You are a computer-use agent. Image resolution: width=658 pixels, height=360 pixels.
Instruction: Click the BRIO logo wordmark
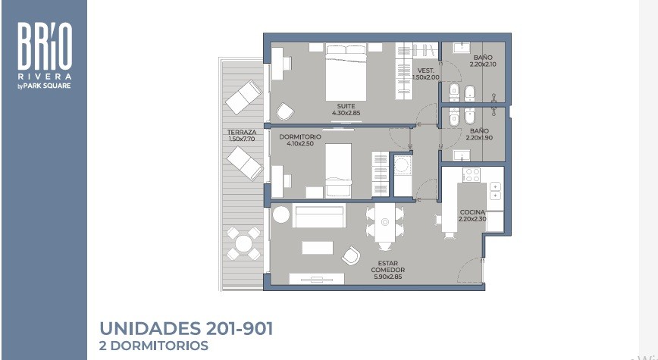point(45,46)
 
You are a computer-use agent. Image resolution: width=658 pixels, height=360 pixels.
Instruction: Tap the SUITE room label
point(346,106)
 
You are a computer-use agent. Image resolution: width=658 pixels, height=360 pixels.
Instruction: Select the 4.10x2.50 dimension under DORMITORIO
point(300,143)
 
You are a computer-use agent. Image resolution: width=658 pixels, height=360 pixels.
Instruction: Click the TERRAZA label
point(242,132)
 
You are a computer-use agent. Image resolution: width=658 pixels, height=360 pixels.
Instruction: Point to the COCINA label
point(472,212)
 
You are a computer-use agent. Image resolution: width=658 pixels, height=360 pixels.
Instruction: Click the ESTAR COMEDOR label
point(388,267)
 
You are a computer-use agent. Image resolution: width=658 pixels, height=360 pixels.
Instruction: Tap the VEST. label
point(426,71)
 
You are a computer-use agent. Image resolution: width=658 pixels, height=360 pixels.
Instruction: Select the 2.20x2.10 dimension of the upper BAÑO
point(483,64)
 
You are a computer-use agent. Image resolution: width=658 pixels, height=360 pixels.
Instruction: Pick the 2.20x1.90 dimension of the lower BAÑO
point(479,138)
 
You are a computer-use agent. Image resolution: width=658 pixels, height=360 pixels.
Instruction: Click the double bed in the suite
point(346,72)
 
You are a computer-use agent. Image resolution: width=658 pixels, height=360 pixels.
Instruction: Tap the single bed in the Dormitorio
point(338,171)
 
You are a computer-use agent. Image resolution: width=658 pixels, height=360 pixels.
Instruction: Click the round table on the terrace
point(243,243)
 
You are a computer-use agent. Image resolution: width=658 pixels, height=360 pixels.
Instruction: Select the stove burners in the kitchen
point(472,175)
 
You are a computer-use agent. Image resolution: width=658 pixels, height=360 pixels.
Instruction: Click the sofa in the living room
point(319,216)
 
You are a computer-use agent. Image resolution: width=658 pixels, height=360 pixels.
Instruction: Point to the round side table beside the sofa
point(281,214)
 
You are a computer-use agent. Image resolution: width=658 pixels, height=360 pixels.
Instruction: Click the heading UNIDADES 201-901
point(186,328)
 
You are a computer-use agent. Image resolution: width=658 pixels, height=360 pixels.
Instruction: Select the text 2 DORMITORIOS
point(154,346)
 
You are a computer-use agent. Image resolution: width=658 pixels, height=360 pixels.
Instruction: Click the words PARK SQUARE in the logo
point(47,86)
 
